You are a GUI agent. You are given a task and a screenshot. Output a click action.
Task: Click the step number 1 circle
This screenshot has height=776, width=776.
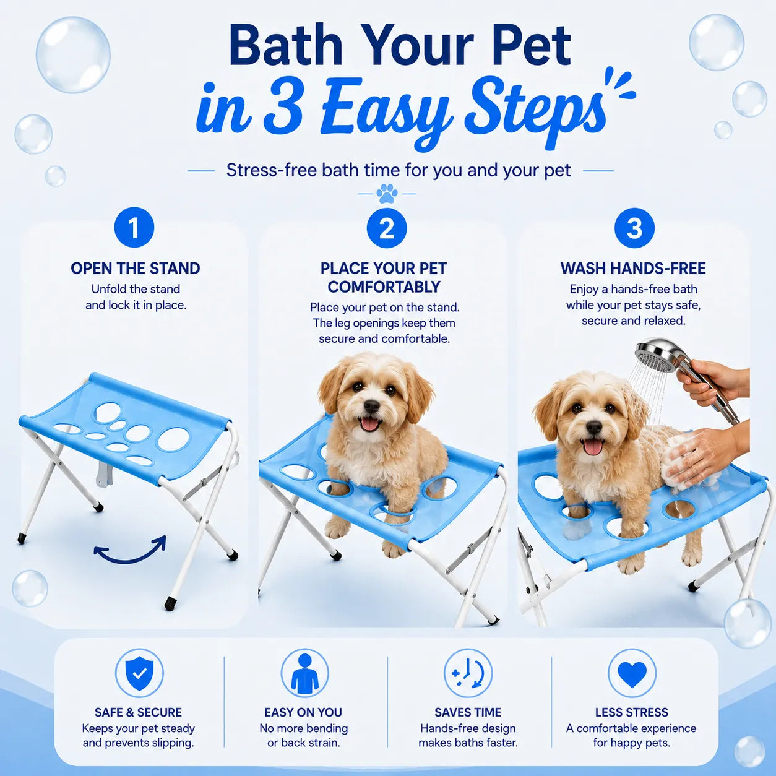134,228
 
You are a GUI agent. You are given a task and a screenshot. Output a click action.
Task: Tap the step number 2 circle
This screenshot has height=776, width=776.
387,228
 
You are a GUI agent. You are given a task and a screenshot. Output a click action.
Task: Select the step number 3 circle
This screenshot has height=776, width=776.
634,228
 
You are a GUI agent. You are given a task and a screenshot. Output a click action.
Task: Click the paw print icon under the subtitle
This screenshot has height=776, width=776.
387,194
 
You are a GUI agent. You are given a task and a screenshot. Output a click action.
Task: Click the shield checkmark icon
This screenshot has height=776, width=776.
139,673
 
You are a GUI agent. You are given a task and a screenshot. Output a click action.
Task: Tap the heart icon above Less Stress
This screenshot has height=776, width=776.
632,673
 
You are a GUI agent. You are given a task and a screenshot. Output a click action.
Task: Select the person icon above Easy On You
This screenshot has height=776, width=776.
304,673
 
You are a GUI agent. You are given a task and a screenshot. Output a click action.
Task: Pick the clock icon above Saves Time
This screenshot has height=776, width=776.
468,673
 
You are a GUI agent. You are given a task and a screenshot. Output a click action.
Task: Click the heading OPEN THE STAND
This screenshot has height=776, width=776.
136,268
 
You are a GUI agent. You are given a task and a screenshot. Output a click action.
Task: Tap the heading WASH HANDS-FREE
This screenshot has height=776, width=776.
633,268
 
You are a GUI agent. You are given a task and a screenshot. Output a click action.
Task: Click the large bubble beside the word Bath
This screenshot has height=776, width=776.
73,55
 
